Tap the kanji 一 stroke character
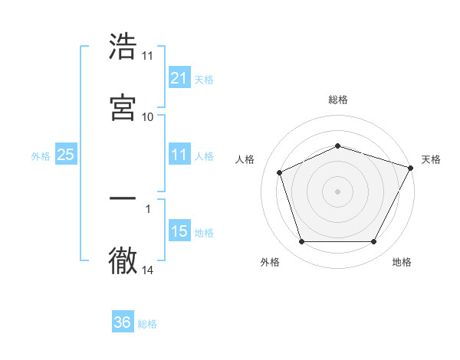tap(123, 198)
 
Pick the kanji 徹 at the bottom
tap(123, 260)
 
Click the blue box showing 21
tap(179, 77)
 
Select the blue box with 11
tap(179, 155)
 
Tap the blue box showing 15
tap(179, 231)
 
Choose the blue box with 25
tap(65, 155)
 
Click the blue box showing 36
tap(122, 322)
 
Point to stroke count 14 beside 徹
tap(148, 270)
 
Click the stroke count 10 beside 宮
tap(147, 116)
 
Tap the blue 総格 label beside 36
tap(147, 324)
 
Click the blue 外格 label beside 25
tap(40, 156)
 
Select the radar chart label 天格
tap(431, 159)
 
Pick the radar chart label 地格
tap(402, 262)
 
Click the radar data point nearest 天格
tap(411, 167)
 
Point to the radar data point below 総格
tap(337, 145)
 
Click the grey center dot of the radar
tap(337, 191)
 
